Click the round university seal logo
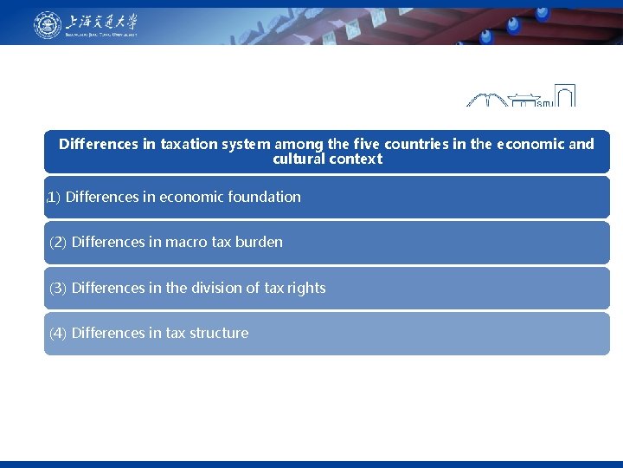48,25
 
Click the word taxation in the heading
188,144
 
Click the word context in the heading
355,159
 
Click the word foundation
264,197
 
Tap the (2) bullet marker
58,243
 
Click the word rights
305,288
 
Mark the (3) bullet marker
58,288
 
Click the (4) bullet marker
58,333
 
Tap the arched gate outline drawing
564,95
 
